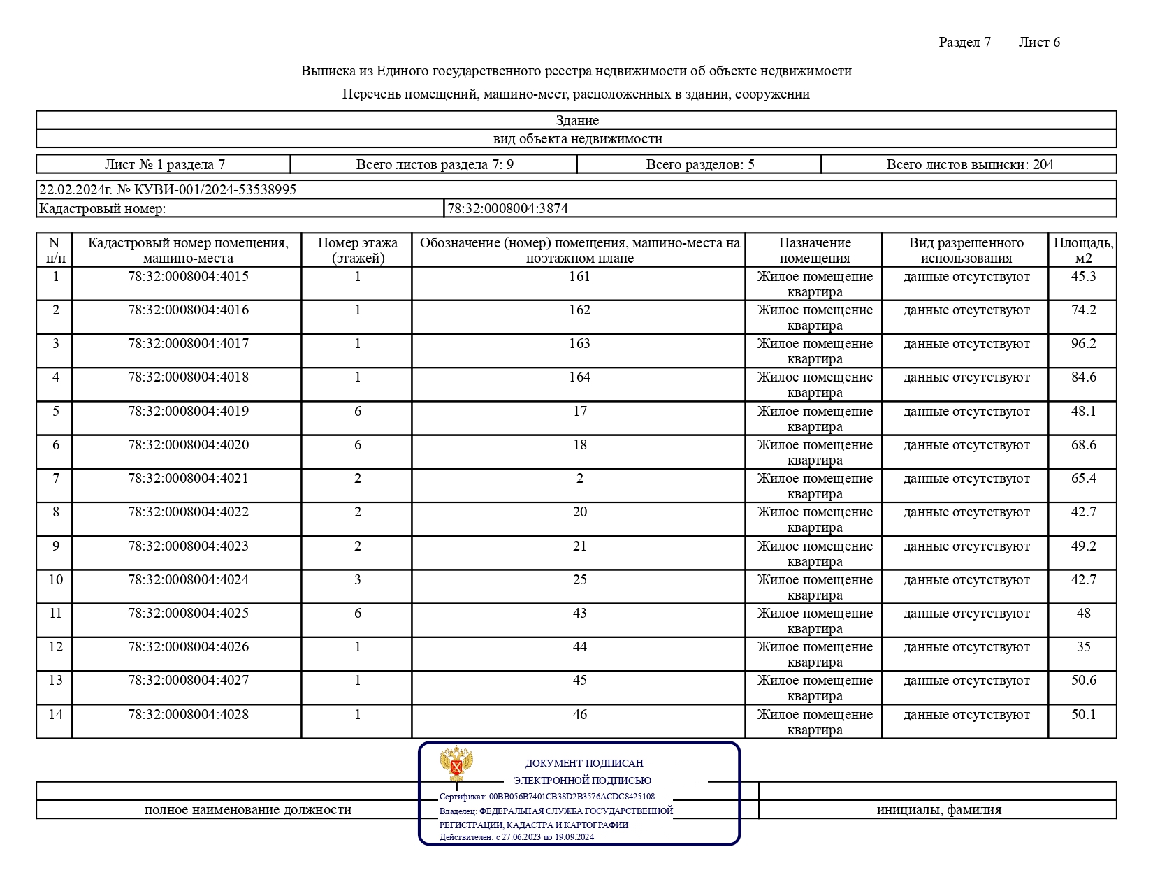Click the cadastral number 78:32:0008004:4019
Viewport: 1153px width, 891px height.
188,412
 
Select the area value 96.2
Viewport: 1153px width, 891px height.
1083,344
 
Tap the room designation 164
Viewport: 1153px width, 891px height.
579,377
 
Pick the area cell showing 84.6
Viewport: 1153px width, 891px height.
1083,377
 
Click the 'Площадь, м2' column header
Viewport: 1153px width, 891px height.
1083,250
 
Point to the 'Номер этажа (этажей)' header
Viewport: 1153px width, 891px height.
357,250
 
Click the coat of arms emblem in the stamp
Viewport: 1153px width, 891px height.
456,764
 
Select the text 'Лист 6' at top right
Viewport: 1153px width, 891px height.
1038,43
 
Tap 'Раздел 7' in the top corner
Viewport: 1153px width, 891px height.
964,43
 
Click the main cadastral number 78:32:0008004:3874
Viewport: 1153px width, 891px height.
507,208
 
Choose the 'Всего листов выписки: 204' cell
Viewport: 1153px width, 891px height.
969,165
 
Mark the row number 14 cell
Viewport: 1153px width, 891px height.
55,715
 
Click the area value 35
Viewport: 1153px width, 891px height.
1083,647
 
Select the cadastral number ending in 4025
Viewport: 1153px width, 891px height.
188,614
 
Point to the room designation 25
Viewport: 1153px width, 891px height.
579,580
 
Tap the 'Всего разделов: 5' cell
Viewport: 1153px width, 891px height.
699,165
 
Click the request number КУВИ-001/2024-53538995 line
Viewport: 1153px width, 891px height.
168,190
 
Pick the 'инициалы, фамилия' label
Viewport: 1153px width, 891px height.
938,810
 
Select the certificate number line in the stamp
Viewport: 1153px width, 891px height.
546,797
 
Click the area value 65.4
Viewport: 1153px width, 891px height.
1083,479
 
